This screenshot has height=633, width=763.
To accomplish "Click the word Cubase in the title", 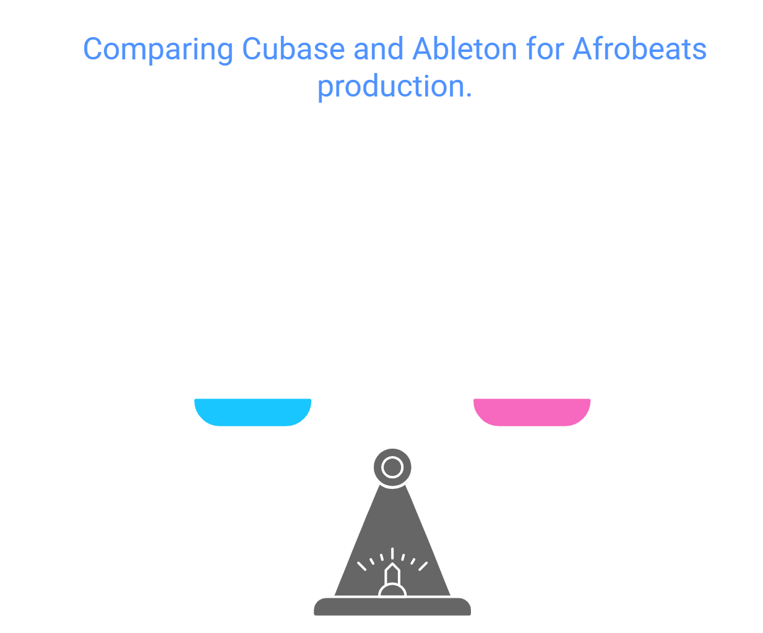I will pyautogui.click(x=293, y=50).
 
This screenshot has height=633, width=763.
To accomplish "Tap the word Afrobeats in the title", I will pyautogui.click(x=639, y=50).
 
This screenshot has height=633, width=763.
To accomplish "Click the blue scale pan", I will pyautogui.click(x=252, y=411).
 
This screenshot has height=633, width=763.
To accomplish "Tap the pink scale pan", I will pyautogui.click(x=532, y=411).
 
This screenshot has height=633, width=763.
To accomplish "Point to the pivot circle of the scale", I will pyautogui.click(x=392, y=467).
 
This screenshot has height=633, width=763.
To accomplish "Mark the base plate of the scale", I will pyautogui.click(x=392, y=607).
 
